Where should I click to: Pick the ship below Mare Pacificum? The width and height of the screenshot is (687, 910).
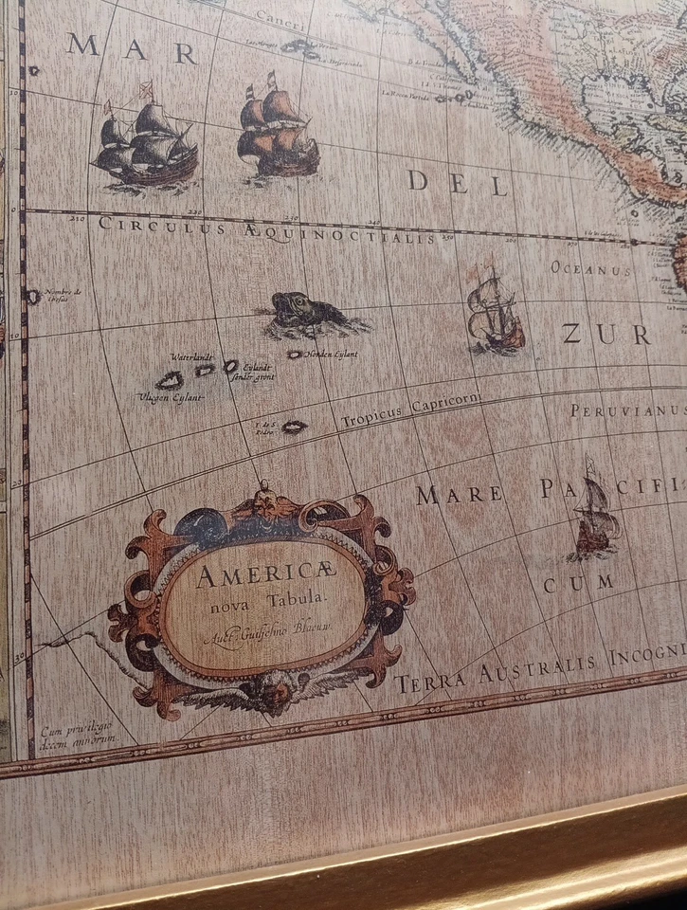click(595, 518)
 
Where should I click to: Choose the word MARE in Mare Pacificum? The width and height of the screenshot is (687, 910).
click(459, 494)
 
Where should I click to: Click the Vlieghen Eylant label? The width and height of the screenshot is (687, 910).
click(171, 398)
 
